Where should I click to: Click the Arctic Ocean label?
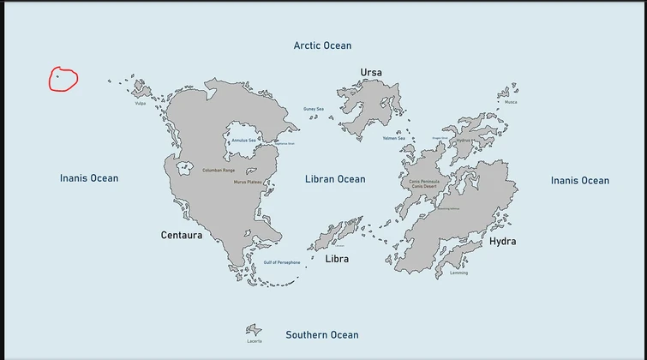322,45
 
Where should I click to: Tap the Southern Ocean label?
322,335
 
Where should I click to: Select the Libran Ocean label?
335,179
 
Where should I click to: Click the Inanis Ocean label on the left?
89,178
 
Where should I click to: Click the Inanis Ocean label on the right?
580,181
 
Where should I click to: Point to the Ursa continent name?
371,73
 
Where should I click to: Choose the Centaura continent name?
182,235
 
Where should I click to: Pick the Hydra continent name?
503,242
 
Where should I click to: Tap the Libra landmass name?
337,259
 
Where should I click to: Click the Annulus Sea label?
243,141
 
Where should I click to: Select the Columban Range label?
219,171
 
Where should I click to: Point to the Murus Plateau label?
248,182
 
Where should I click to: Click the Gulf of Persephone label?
282,262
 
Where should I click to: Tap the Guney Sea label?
314,109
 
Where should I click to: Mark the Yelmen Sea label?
394,138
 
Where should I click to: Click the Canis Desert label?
424,187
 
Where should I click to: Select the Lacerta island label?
255,341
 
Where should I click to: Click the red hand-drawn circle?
63,80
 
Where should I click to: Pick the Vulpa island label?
141,104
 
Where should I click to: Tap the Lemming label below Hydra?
458,273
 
